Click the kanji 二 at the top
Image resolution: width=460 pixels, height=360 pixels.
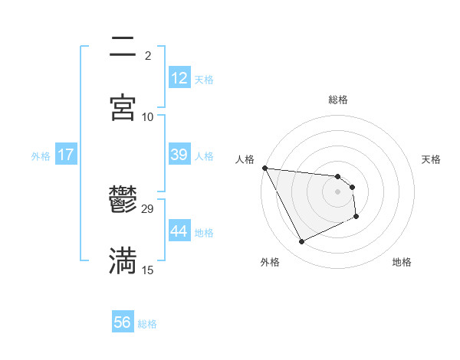(123, 48)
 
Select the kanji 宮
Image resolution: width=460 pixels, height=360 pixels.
(123, 107)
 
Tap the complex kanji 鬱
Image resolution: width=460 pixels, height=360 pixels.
(123, 201)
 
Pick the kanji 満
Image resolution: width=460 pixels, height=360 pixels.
(123, 260)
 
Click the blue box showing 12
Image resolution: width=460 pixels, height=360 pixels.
(179, 78)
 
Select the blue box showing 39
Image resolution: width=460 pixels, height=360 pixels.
(179, 155)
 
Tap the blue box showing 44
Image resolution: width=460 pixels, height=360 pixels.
(179, 231)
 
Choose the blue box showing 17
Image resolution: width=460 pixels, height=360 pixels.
(66, 155)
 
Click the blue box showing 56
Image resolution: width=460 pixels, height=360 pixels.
(123, 322)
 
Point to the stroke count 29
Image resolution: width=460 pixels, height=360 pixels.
(148, 208)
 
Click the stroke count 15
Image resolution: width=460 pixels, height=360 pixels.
(148, 270)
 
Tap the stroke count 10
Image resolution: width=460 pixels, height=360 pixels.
(148, 116)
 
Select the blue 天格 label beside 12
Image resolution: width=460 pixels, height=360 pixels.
(204, 79)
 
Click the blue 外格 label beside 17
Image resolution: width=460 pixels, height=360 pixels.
(41, 155)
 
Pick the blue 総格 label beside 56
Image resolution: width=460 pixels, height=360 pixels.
(147, 323)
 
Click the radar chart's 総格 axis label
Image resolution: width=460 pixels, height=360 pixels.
(338, 100)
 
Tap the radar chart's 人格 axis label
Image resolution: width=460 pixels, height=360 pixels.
(246, 159)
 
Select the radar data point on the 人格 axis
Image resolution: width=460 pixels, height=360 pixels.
(264, 168)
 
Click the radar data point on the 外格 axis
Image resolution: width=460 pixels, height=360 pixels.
(301, 242)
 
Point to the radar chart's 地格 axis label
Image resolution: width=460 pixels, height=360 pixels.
(402, 262)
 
